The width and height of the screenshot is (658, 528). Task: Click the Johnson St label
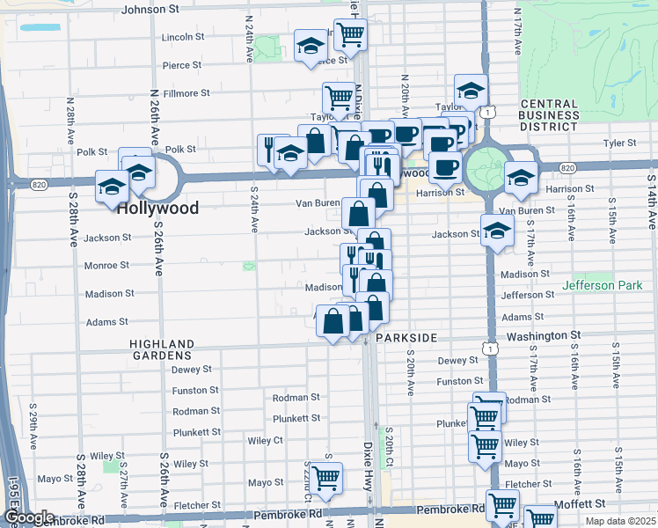(150, 9)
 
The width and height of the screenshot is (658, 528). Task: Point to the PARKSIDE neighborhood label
(406, 337)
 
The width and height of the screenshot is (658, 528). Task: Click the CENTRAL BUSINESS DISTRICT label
(549, 114)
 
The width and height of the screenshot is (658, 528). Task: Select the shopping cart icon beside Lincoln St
(350, 34)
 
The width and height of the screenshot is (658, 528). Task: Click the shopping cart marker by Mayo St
(326, 478)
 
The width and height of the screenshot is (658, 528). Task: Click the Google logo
(29, 518)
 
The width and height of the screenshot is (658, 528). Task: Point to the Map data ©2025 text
(619, 521)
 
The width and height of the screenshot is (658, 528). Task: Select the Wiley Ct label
(265, 440)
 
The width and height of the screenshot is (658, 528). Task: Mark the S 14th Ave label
(651, 207)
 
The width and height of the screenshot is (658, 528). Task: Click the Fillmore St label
(186, 92)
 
